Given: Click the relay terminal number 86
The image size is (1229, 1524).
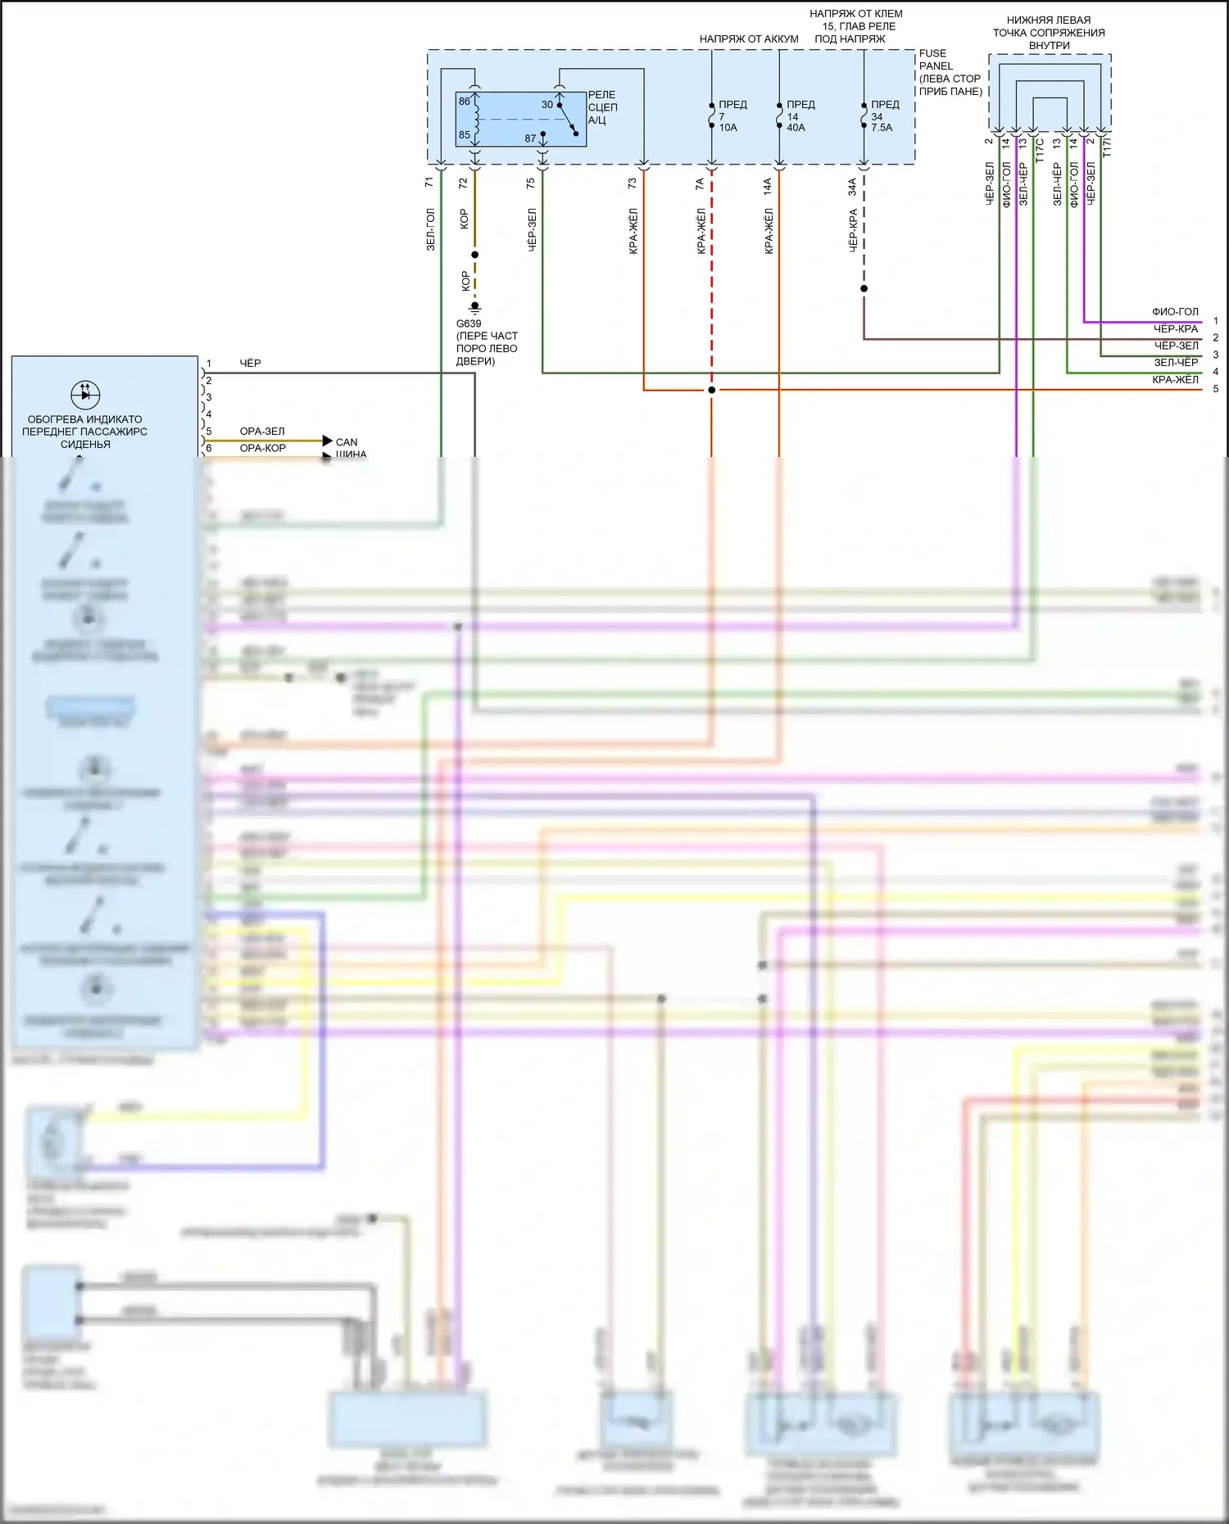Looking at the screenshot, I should [x=465, y=102].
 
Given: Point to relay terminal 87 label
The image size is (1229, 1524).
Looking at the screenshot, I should [x=530, y=138].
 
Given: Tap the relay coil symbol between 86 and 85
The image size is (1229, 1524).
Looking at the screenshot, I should [x=475, y=118].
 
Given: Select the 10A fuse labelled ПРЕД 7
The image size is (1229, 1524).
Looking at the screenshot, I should [x=711, y=115].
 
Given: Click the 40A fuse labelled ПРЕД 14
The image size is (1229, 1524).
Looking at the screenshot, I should [x=779, y=115].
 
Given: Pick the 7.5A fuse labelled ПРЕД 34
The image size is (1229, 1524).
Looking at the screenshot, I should [x=864, y=115].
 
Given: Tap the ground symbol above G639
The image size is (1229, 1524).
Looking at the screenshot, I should [x=474, y=309].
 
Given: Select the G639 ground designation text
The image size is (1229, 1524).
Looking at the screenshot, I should [x=469, y=323].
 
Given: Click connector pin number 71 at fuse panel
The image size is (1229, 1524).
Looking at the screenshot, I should [x=429, y=183].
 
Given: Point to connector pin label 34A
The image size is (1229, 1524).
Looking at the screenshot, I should [x=852, y=187].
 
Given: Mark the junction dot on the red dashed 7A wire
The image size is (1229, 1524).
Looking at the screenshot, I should [x=711, y=390].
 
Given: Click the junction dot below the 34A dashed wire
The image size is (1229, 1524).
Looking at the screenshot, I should [x=864, y=288].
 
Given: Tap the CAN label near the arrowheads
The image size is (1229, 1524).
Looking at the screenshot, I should [x=347, y=442].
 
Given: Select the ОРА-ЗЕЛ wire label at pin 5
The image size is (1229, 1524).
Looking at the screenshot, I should [x=262, y=431].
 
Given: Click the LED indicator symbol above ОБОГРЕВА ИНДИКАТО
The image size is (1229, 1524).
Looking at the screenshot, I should [x=85, y=394].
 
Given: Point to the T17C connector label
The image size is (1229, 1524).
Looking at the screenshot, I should [x=1040, y=150].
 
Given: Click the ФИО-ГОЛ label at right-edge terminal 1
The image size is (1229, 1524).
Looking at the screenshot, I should [x=1175, y=312].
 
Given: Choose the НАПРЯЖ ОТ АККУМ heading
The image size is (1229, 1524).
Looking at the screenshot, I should [x=748, y=38].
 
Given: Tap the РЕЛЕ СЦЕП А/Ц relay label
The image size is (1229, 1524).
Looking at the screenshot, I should [x=602, y=107].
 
